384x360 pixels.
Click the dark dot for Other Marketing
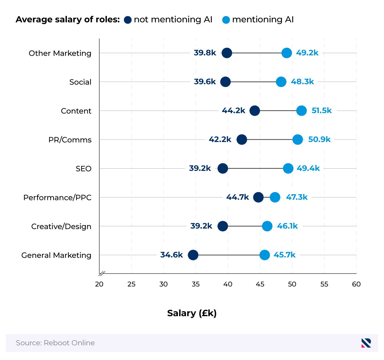(x=227, y=53)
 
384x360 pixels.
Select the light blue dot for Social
(x=281, y=82)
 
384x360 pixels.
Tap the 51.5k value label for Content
(x=322, y=111)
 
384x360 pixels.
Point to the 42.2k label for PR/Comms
(x=220, y=140)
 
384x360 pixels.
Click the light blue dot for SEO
(x=288, y=168)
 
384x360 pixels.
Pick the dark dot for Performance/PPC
(x=258, y=197)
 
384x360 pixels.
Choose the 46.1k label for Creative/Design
(x=287, y=226)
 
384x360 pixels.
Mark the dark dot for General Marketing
(x=193, y=255)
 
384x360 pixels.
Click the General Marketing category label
(x=56, y=255)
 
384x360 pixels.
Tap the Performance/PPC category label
(x=57, y=197)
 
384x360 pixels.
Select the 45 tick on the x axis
(x=260, y=284)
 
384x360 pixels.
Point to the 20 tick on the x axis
(x=99, y=284)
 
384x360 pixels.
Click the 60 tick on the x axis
(x=356, y=284)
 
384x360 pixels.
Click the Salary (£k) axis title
(x=192, y=313)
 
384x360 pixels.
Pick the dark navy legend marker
(x=128, y=20)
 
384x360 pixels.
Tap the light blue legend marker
(x=226, y=20)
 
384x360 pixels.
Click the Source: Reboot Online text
(x=55, y=343)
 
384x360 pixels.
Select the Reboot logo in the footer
(x=366, y=343)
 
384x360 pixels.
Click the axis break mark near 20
(x=102, y=274)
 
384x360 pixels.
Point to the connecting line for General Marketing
(x=229, y=255)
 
